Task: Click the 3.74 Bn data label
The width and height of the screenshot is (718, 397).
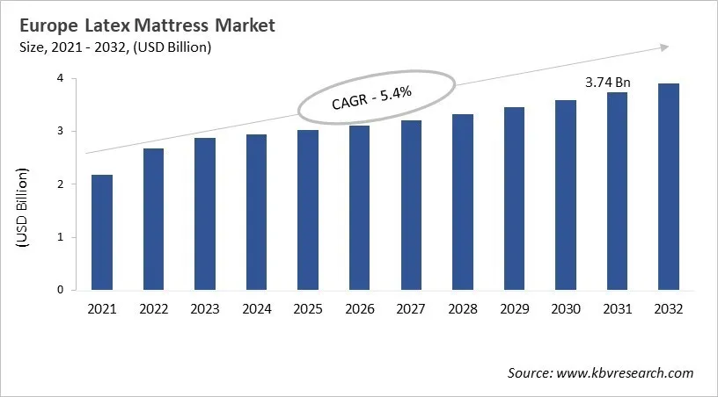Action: tap(608, 83)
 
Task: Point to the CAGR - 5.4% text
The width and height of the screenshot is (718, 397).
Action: tap(376, 97)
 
